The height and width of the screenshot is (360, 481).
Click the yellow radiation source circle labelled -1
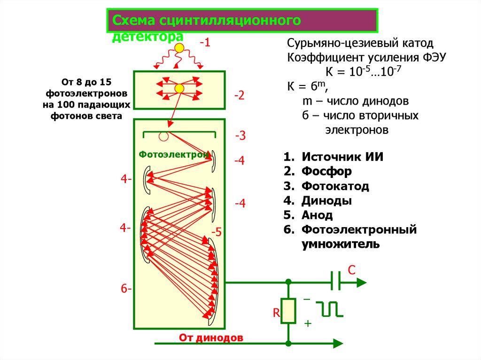(179, 48)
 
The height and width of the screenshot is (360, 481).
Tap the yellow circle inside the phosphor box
(179, 89)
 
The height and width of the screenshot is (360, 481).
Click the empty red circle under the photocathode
(163, 137)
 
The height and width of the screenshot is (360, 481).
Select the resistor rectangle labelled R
(288, 311)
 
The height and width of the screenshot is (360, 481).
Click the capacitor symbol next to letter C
(335, 282)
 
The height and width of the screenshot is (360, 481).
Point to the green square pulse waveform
(329, 308)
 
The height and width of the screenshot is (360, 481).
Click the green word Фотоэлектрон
(174, 154)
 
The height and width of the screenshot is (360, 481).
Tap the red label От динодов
(211, 337)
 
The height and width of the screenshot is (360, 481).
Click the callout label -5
(216, 232)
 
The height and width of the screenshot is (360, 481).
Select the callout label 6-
(126, 289)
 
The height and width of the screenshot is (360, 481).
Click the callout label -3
(240, 136)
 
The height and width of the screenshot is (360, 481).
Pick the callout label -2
(240, 96)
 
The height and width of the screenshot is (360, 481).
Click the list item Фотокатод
(335, 186)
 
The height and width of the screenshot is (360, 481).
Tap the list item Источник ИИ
(342, 157)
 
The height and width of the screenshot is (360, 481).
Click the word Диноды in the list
(327, 200)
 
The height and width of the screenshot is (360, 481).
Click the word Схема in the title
(133, 21)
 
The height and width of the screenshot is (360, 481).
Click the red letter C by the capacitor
(351, 270)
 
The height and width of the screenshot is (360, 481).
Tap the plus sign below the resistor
(308, 323)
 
